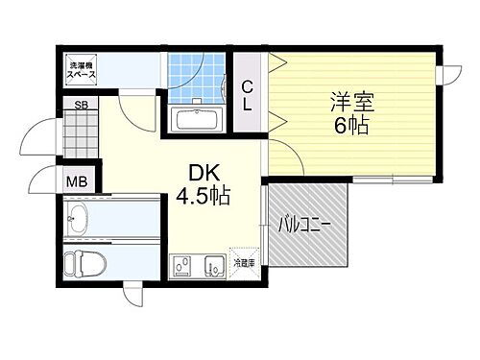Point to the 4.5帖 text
(x=202, y=198)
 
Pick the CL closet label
(x=247, y=94)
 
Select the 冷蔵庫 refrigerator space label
(x=245, y=261)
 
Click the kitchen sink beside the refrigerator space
(x=215, y=268)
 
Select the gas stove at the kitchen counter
(x=181, y=268)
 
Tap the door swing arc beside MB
(x=38, y=182)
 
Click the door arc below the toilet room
(x=133, y=296)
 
